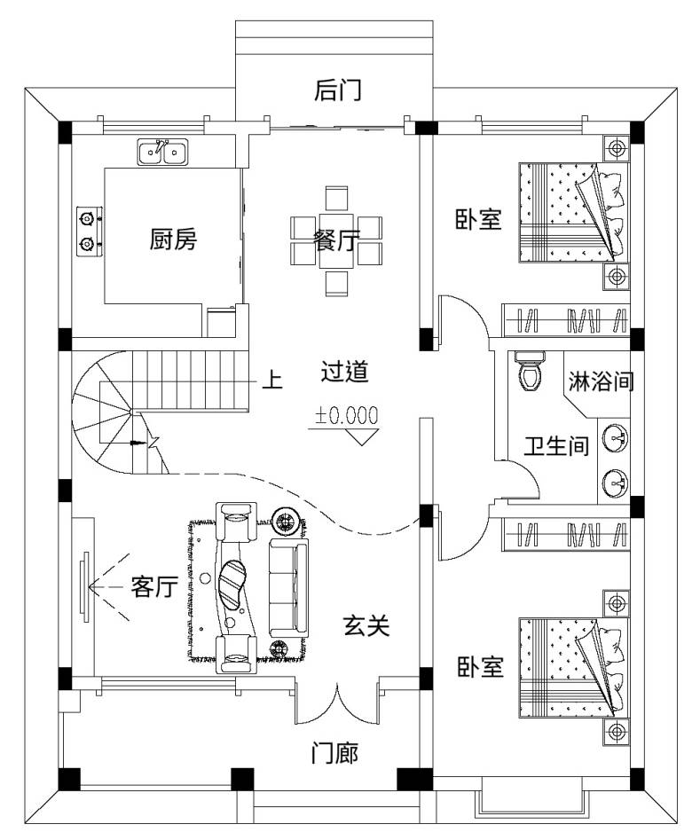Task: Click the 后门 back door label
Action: tap(337, 90)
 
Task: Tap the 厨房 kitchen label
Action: tap(173, 239)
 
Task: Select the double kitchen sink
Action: tap(162, 153)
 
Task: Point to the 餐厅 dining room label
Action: tap(336, 239)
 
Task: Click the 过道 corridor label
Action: tap(344, 372)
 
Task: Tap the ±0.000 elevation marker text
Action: tap(346, 415)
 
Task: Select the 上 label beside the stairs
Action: tap(272, 380)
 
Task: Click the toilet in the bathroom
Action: tap(530, 371)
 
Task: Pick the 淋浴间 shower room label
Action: tap(601, 381)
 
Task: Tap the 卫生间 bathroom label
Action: tap(556, 445)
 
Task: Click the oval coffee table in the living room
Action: tap(232, 585)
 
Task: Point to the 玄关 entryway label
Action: tap(366, 625)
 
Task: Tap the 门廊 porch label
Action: tap(334, 753)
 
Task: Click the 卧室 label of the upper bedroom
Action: tap(478, 219)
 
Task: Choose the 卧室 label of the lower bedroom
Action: tap(480, 666)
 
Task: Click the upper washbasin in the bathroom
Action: tap(616, 437)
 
